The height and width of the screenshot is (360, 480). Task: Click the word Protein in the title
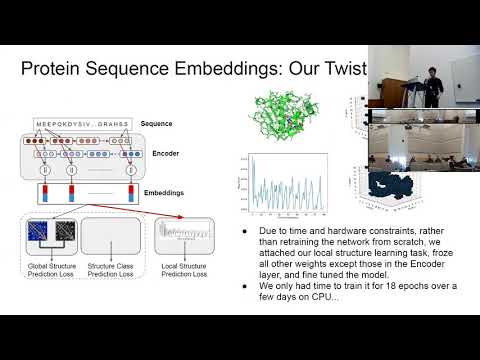(x=55, y=70)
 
